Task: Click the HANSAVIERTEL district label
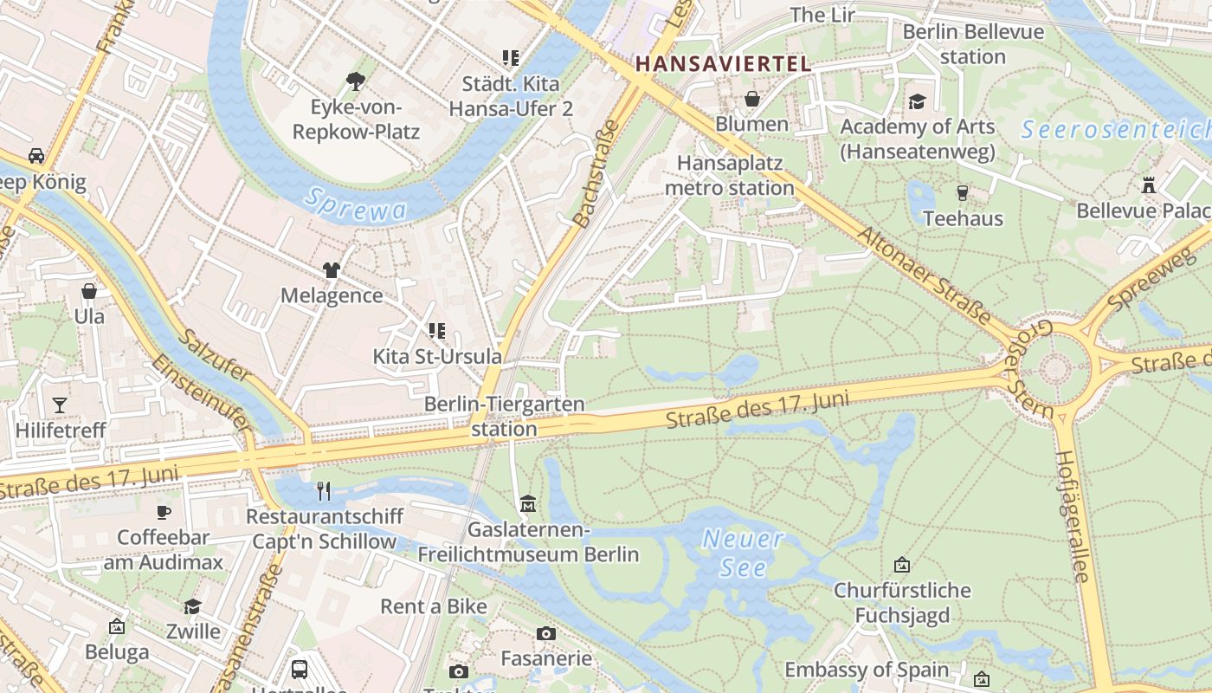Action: point(723,63)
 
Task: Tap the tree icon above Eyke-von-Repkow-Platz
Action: point(355,81)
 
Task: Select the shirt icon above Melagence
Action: point(332,270)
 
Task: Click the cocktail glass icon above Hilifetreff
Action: point(59,405)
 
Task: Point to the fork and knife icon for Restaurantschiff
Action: point(324,491)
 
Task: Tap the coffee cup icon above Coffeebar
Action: point(164,512)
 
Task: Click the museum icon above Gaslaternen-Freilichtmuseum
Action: point(528,503)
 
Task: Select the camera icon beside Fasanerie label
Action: point(545,633)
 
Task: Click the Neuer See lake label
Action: point(743,554)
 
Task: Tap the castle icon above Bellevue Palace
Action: point(1149,185)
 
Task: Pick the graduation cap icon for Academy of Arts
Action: point(917,101)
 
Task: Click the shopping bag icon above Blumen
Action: point(752,99)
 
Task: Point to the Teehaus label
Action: point(963,218)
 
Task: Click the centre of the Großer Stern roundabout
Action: point(1055,369)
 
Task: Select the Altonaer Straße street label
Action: point(924,275)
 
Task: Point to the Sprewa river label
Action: point(356,205)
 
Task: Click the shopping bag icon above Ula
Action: point(88,291)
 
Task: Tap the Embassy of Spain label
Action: point(867,670)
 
